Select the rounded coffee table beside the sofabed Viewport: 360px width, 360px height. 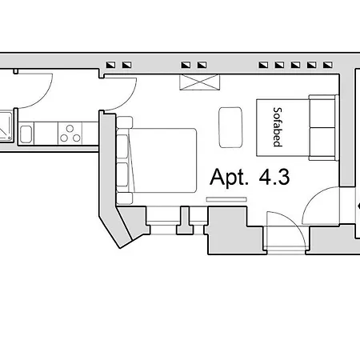coord(232,126)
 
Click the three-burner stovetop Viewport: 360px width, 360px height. coord(70,133)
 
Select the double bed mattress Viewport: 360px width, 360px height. coord(164,160)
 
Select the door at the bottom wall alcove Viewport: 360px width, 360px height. coord(285,233)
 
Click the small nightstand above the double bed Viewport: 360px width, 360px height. coord(126,122)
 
